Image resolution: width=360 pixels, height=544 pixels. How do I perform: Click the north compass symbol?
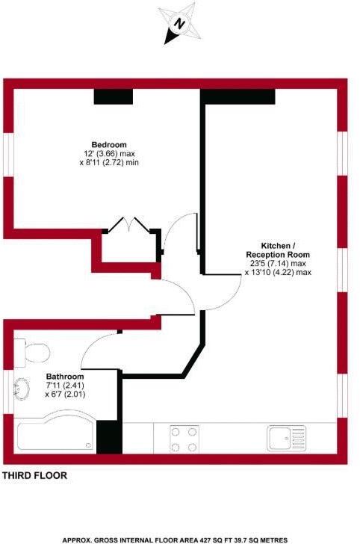[x=179, y=22]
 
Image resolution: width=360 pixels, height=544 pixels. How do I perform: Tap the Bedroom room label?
[x=109, y=144]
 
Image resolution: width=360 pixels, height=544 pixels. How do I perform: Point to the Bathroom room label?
[x=65, y=377]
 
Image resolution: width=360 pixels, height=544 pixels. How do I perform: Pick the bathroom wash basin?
[x=23, y=389]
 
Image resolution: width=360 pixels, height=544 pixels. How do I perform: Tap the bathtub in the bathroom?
[x=56, y=436]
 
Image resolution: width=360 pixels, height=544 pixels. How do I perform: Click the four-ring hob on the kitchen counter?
[x=184, y=439]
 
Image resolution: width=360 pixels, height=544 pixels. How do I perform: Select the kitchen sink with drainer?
[x=285, y=437]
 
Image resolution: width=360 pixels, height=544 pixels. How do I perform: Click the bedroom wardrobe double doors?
[x=126, y=224]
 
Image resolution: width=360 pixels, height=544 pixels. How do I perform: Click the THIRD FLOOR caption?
[x=35, y=475]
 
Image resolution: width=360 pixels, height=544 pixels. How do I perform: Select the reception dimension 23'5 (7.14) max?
[x=278, y=264]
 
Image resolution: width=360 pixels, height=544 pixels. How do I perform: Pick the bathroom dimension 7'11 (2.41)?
[x=65, y=385]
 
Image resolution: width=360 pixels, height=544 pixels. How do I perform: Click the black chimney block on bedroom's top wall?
[x=113, y=96]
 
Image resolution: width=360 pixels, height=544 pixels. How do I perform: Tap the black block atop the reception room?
[x=238, y=96]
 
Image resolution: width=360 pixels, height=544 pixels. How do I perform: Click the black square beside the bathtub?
[x=108, y=437]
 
